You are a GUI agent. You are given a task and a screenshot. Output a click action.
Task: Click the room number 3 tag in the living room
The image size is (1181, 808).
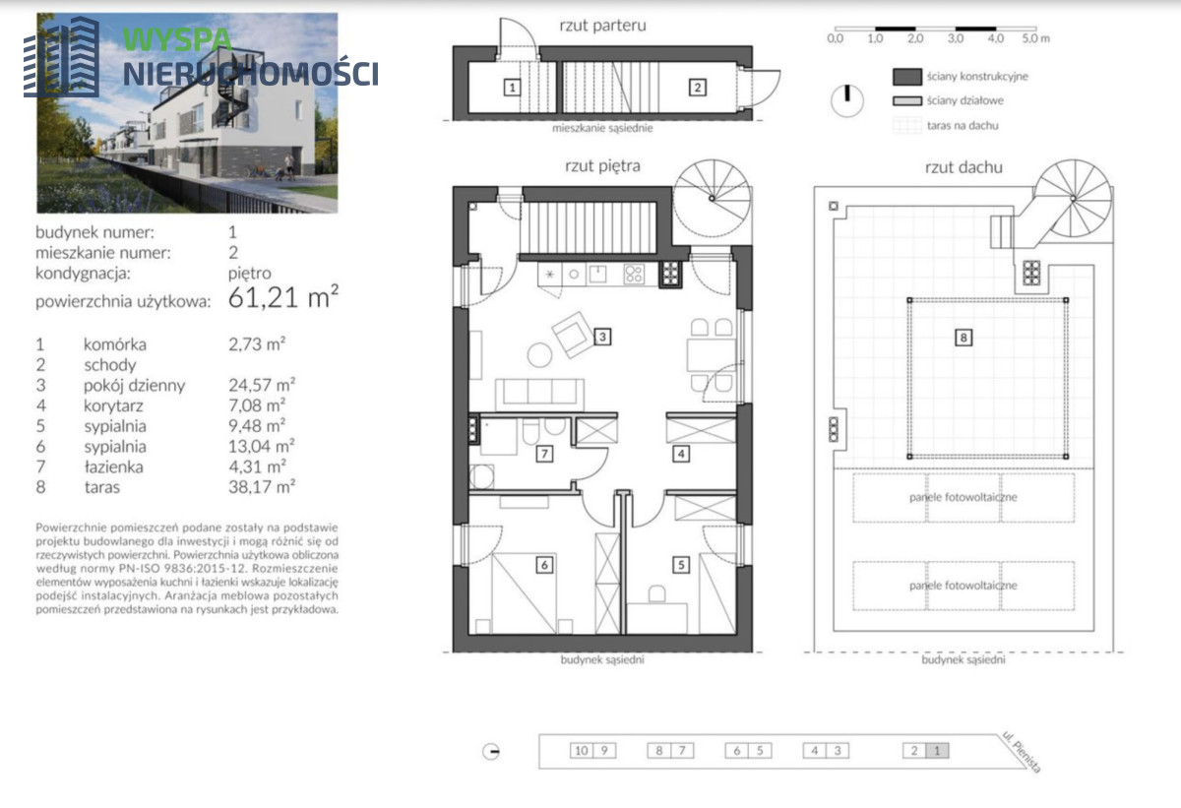(602, 337)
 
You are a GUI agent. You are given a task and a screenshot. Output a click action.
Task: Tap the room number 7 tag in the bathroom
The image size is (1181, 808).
(544, 454)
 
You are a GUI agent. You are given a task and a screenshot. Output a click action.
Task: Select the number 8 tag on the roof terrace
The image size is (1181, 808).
(963, 338)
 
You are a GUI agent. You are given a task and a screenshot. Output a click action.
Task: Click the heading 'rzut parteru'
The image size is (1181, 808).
(602, 26)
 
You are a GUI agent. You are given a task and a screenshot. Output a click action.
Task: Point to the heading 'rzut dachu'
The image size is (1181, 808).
(963, 167)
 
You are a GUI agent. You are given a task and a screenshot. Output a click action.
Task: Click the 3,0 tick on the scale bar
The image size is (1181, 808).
(956, 38)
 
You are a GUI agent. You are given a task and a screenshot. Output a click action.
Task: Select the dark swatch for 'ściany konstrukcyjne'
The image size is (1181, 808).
(907, 77)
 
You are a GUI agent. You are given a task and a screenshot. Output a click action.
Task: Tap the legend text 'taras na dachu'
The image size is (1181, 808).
(963, 125)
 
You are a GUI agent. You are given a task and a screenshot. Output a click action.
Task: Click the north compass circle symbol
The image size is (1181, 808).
(846, 100)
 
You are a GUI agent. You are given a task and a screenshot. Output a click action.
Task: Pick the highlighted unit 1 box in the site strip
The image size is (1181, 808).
(937, 751)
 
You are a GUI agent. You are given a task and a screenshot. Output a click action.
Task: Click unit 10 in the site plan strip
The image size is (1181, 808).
(582, 751)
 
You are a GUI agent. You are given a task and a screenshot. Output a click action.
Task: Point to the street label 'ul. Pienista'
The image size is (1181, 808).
(1022, 753)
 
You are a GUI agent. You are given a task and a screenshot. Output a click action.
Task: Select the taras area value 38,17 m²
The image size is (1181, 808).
(262, 486)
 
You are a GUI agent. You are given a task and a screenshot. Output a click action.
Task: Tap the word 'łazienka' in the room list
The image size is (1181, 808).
(113, 466)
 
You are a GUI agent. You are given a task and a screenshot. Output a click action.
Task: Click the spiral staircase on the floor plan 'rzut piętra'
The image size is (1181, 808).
(712, 199)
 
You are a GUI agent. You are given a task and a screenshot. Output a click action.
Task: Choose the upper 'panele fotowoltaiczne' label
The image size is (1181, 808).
(963, 497)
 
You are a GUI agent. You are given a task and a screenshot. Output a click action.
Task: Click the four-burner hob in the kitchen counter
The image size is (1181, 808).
(633, 275)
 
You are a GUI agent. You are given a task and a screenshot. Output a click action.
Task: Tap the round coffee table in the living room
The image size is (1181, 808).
(540, 355)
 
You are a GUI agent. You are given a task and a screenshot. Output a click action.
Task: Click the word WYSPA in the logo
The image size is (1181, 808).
(177, 39)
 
